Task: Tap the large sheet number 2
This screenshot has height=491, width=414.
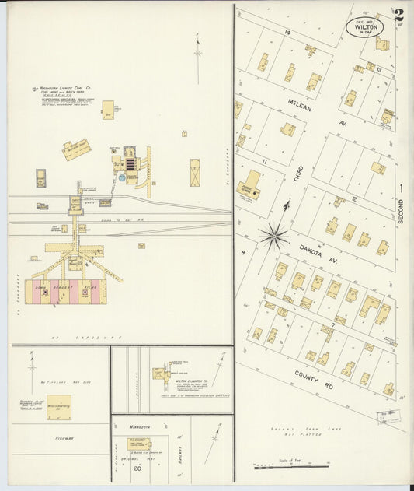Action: [398, 15]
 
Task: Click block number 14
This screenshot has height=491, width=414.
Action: [287, 32]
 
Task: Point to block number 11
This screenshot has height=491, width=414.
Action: [264, 161]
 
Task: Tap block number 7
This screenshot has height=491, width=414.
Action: [333, 323]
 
